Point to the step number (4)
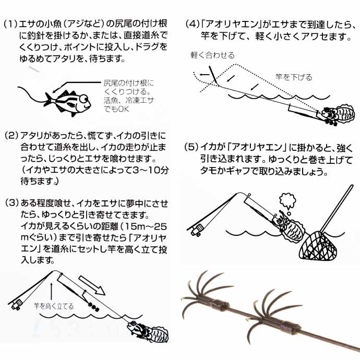pos(191,25)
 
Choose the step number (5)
pos(191,147)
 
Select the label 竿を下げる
pos(294,77)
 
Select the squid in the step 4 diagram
pos(337,116)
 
